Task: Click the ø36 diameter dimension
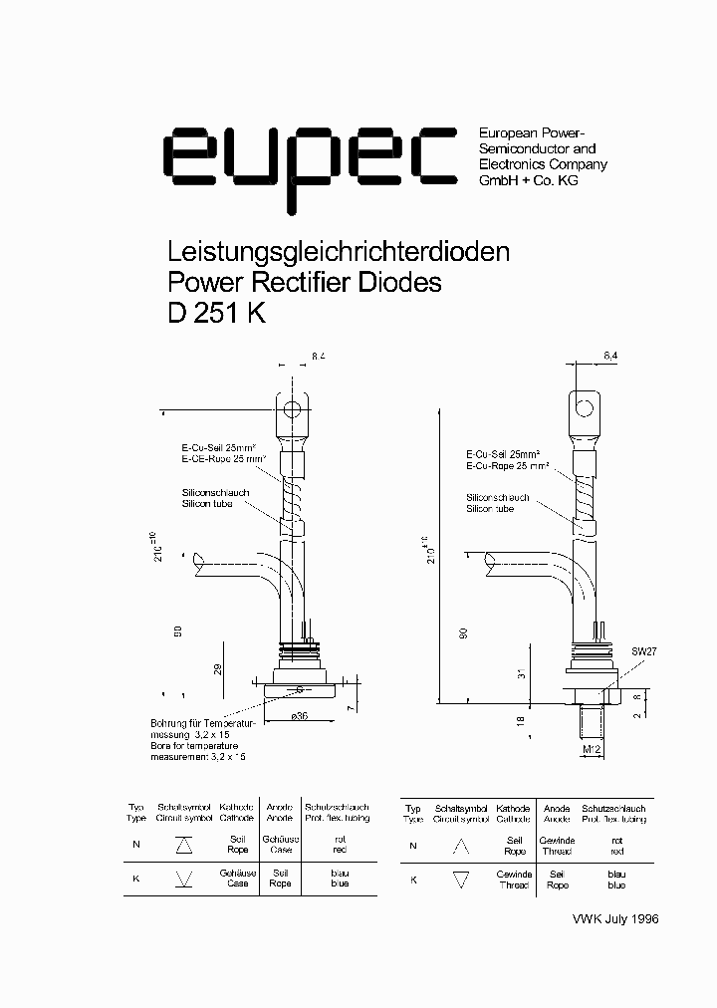click(x=299, y=716)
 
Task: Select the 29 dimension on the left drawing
click(x=217, y=668)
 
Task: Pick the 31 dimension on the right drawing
click(x=520, y=675)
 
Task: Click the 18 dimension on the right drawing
click(x=520, y=721)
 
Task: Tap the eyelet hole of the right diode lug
click(x=586, y=406)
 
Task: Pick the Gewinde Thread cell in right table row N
click(x=557, y=846)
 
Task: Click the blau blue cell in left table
click(x=340, y=879)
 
